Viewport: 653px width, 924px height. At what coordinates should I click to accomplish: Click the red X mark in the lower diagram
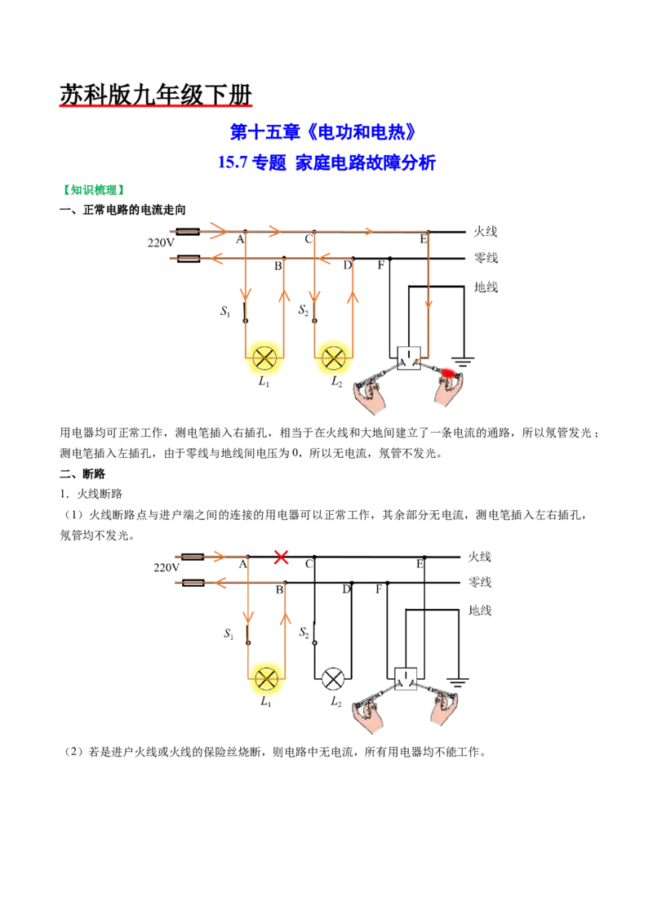[281, 558]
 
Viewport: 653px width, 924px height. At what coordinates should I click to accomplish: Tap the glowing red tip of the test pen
[448, 372]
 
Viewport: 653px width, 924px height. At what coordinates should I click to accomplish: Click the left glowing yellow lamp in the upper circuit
[264, 358]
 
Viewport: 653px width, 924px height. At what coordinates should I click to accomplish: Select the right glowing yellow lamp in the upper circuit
[332, 358]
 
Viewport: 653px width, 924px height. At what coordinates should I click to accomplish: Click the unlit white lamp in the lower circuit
[333, 679]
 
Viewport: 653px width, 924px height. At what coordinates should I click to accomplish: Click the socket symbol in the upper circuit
[407, 358]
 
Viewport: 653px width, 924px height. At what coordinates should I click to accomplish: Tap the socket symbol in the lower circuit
[406, 678]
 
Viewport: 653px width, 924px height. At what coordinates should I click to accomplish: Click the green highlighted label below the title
[92, 190]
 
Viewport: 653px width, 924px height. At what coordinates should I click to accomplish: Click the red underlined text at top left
[156, 104]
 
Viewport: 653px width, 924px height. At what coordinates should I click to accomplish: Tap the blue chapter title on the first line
[323, 131]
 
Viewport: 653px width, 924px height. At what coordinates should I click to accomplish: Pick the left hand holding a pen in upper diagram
[371, 397]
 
